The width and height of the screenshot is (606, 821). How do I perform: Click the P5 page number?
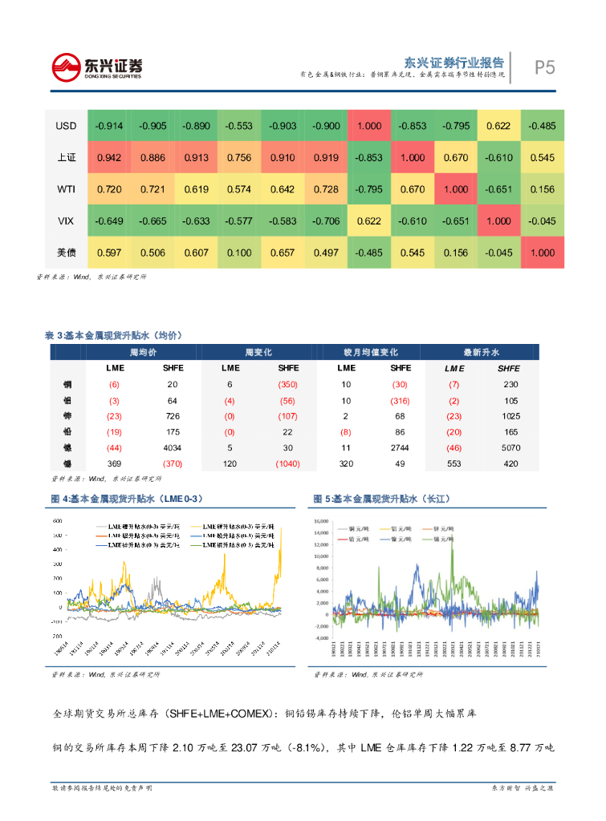[545, 67]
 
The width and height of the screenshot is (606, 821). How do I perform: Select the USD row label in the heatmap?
[66, 126]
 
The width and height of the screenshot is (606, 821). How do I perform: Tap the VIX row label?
[66, 220]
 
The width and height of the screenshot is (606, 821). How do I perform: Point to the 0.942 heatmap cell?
[109, 158]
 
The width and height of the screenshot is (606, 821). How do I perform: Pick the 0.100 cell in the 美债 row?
[239, 253]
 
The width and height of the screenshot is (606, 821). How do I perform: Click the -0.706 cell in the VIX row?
[326, 220]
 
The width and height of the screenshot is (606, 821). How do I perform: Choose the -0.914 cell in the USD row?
[109, 126]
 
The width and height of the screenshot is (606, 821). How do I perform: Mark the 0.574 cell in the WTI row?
[239, 189]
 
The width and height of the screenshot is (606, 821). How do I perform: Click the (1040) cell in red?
[287, 463]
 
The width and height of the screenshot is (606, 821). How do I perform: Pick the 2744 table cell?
[401, 447]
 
